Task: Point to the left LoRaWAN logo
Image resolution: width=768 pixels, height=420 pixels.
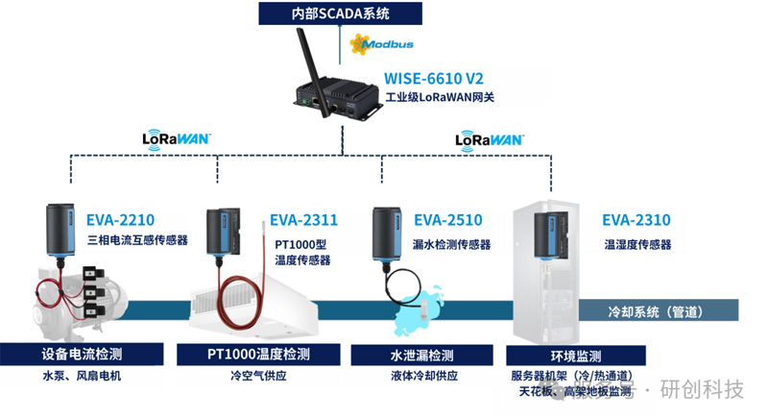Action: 176,138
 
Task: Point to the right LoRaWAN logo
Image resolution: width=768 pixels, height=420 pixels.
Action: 490,138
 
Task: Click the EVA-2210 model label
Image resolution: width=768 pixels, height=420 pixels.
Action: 121,219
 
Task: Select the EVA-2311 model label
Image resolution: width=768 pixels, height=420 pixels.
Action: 303,219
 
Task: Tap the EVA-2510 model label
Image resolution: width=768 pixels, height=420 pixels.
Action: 448,219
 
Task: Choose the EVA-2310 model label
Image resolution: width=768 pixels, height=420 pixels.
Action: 636,219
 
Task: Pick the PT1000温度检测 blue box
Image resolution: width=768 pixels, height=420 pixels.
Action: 258,354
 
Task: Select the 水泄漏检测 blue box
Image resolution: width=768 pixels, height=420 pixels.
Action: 421,354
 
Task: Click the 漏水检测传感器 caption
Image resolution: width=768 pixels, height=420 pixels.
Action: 450,244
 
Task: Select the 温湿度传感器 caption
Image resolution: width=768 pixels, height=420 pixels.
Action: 637,244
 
